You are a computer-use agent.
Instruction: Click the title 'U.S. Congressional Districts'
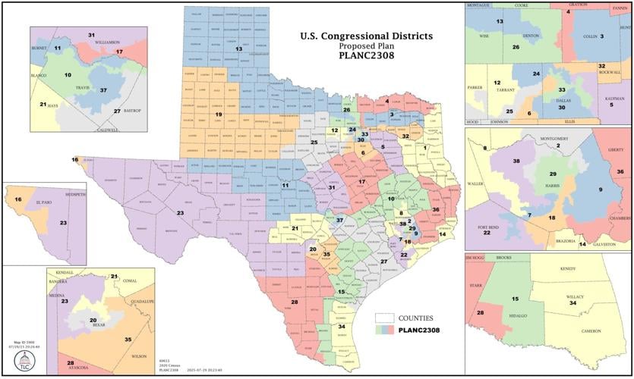coord(367,36)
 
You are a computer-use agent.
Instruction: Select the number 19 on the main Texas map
coord(218,114)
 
